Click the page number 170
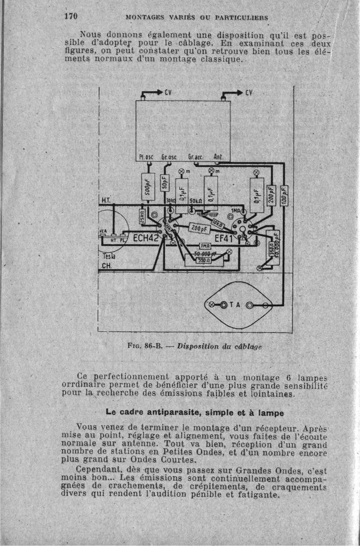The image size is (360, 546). coord(71,16)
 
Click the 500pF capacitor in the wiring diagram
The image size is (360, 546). coord(148,187)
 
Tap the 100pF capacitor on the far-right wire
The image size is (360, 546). coord(284,195)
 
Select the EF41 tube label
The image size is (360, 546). coord(224,238)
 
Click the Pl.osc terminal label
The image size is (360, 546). coord(145,157)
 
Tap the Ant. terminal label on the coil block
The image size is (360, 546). coord(218,157)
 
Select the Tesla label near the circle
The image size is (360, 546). coord(106,256)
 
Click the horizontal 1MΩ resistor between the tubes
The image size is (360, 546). coord(206,246)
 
